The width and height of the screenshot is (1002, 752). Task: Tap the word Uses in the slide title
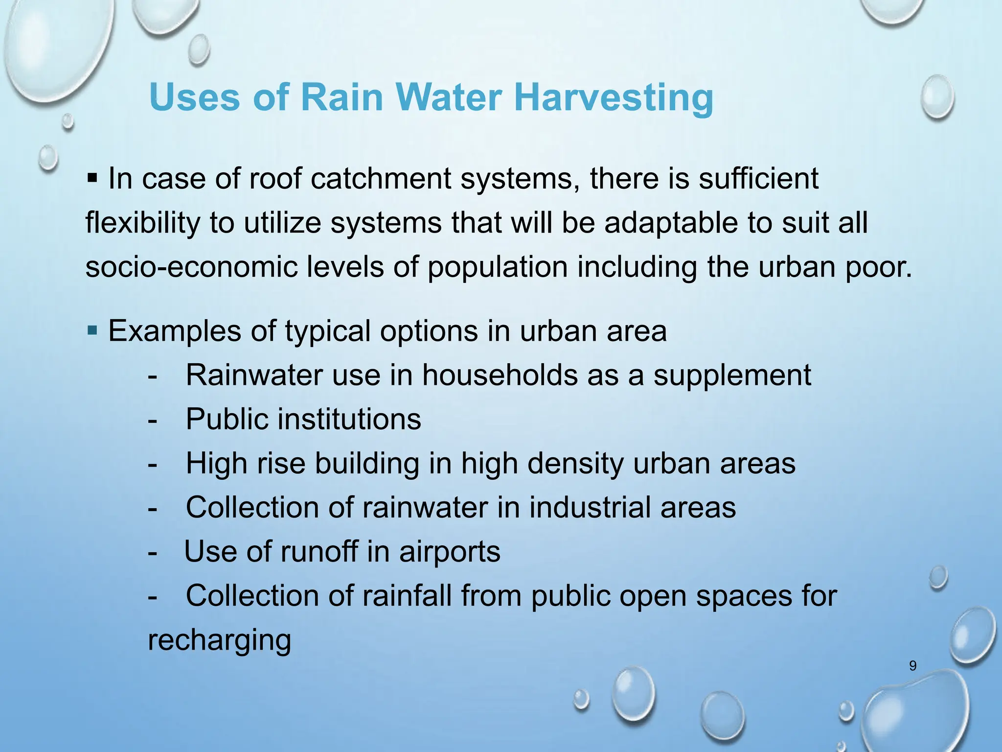(x=195, y=97)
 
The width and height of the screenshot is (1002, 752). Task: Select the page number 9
(x=912, y=666)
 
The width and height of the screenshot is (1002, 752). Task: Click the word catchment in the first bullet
(x=381, y=179)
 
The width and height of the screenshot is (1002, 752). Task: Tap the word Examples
(x=175, y=331)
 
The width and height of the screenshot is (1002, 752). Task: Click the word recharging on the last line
(x=219, y=641)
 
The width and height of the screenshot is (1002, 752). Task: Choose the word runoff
(x=319, y=552)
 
